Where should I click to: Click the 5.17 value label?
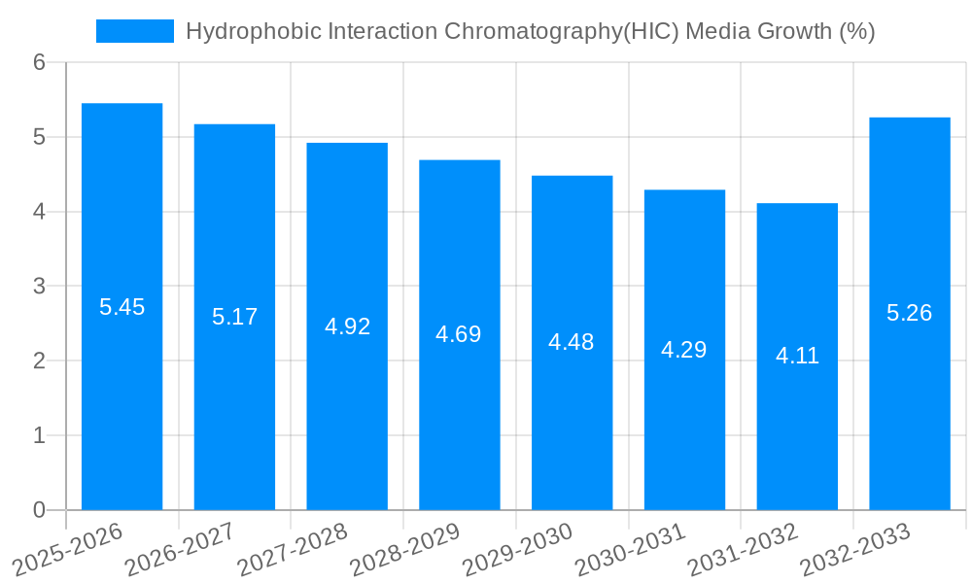click(234, 317)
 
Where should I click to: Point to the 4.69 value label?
click(459, 334)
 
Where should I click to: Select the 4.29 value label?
click(683, 350)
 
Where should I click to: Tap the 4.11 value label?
click(797, 357)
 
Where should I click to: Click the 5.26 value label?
click(909, 313)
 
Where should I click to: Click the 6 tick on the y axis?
click(40, 62)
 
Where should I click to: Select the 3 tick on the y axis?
click(40, 287)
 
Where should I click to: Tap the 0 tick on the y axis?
click(40, 510)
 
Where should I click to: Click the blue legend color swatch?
click(135, 31)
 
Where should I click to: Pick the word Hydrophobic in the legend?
click(244, 32)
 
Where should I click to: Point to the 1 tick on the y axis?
click(40, 435)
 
